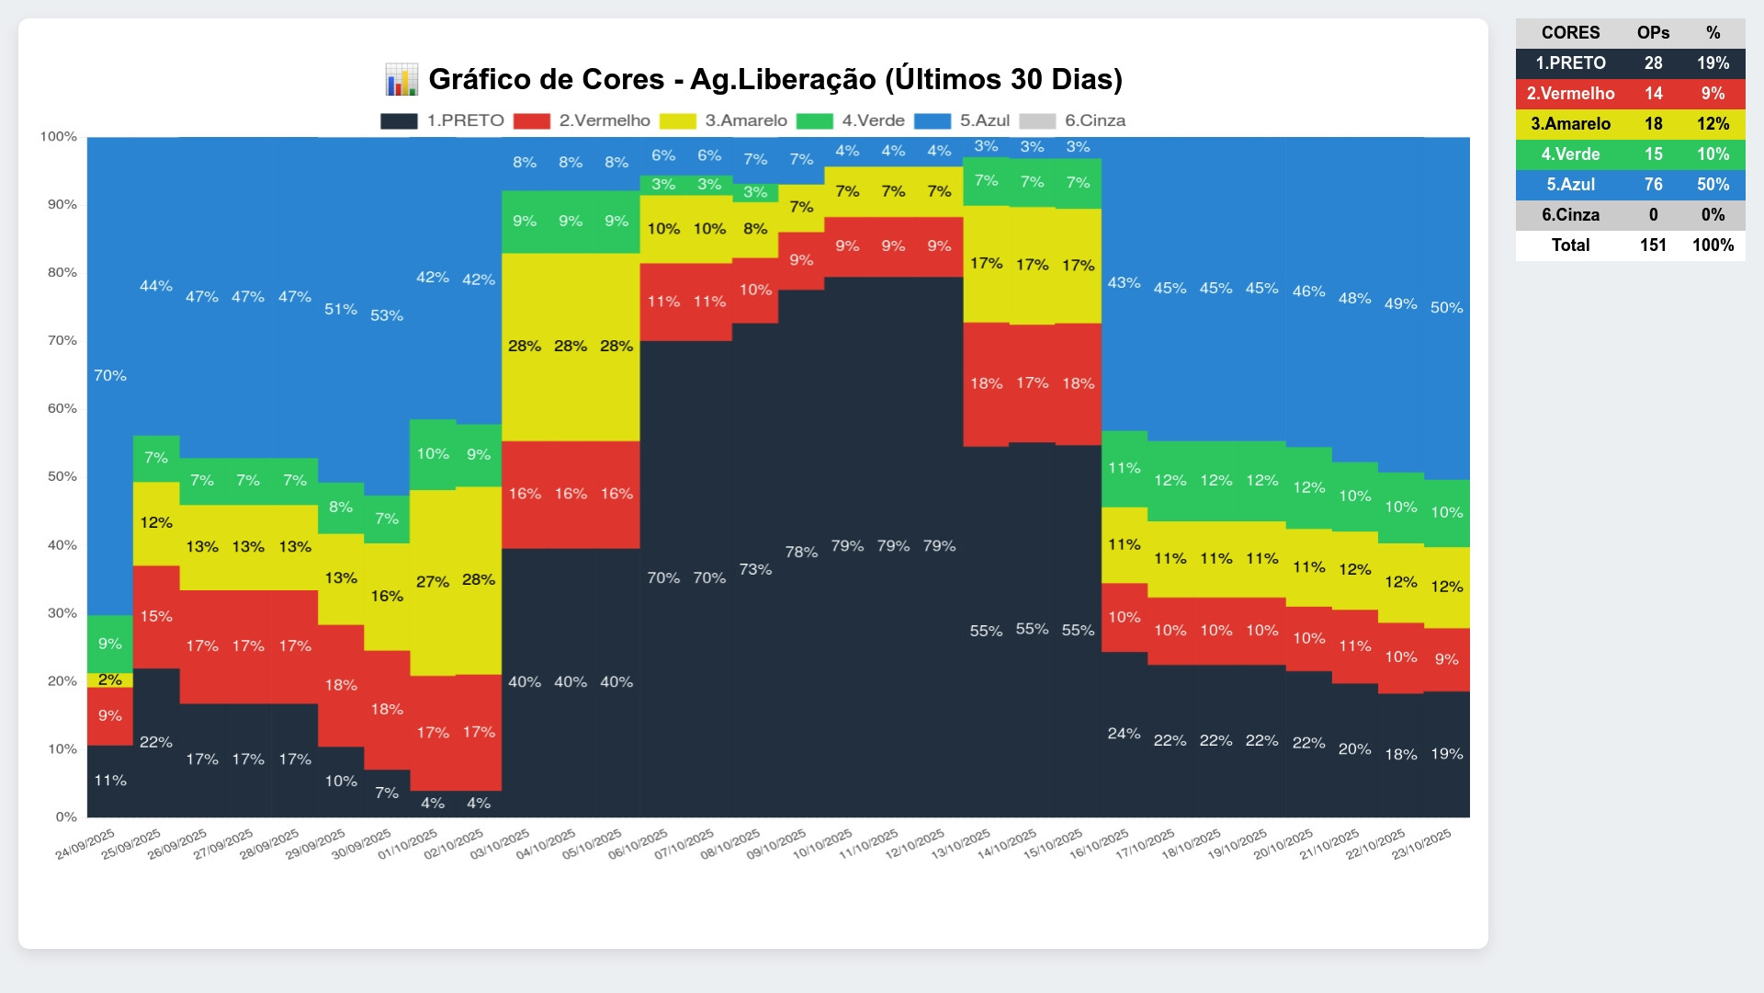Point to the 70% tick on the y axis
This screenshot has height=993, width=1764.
(62, 340)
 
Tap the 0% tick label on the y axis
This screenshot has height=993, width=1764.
(66, 816)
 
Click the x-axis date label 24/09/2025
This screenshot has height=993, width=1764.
(85, 844)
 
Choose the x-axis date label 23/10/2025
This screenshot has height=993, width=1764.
(1421, 844)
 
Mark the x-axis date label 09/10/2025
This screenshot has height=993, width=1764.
(776, 844)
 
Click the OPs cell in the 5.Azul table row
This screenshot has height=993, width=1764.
(1653, 184)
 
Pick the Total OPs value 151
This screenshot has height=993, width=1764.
(1653, 245)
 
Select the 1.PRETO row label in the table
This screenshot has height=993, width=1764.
(1570, 63)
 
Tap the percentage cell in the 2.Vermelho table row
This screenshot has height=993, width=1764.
(1713, 93)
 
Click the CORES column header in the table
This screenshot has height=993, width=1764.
(1570, 32)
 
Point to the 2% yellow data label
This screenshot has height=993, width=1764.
(110, 679)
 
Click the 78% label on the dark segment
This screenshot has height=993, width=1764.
(801, 552)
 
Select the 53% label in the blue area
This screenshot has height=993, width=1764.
(387, 315)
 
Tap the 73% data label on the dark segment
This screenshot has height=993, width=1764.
(755, 569)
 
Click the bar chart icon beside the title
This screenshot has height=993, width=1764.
(401, 79)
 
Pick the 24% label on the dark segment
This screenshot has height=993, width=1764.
(1124, 733)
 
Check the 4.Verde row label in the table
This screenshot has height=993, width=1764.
(1570, 154)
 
